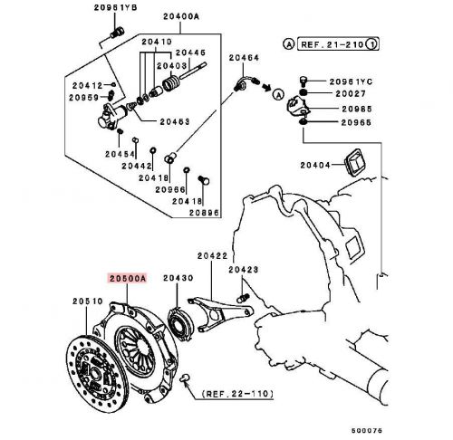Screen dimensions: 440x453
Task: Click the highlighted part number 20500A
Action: pyautogui.click(x=128, y=281)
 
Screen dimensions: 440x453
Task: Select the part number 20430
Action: pyautogui.click(x=177, y=281)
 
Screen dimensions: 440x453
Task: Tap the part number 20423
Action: pyautogui.click(x=244, y=269)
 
